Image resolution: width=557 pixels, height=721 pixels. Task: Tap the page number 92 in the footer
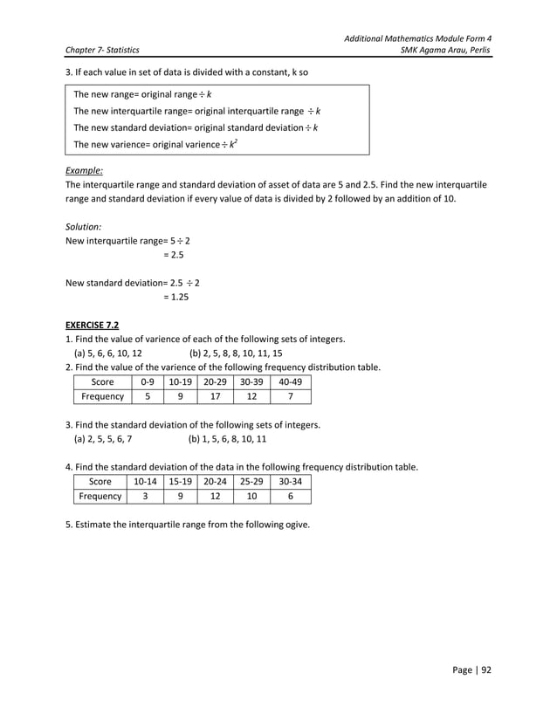[485, 670]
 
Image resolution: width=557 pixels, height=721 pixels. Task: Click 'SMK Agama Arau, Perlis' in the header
[444, 51]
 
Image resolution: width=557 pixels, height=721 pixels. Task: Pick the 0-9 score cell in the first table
[148, 382]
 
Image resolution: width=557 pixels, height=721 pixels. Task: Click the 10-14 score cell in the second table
[148, 481]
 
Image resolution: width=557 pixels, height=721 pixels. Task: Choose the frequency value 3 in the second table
[148, 496]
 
